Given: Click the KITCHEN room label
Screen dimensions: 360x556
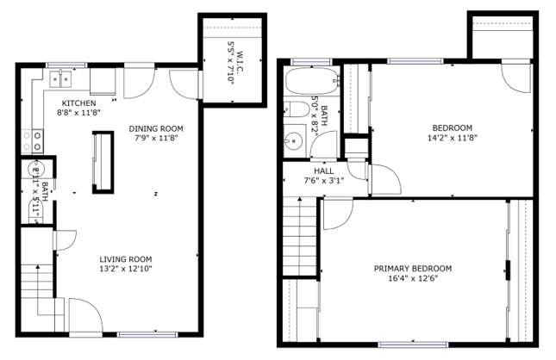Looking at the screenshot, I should click(73, 102).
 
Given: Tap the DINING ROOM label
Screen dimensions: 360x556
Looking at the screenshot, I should click(157, 128).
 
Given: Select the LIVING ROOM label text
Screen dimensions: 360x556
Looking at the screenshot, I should click(125, 258).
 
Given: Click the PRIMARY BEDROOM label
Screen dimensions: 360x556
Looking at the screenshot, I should click(412, 268).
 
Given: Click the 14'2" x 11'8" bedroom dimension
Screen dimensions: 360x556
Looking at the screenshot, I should click(452, 137).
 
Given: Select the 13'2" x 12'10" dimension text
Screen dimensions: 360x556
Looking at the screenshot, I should click(125, 268).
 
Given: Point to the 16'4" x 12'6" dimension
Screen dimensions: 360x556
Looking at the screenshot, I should click(412, 277).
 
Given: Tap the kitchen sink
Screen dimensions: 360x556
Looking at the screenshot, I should click(59, 80).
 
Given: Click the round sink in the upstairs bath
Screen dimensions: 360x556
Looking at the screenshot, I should click(293, 141).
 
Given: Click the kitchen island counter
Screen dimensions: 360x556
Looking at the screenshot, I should click(103, 160).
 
